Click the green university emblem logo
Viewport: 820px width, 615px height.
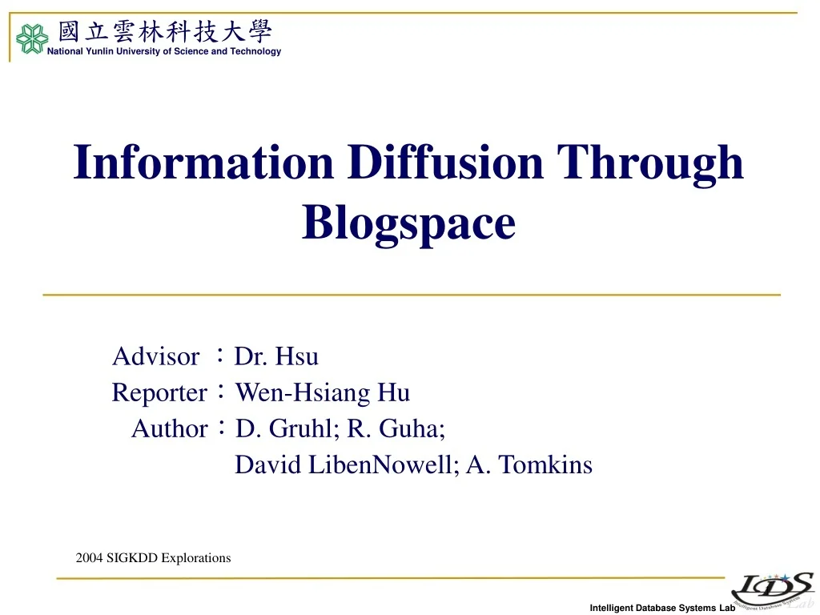coord(32,38)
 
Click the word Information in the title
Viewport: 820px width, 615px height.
coord(203,162)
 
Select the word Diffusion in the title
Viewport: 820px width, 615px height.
coord(445,162)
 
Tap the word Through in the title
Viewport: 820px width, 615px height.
coord(650,164)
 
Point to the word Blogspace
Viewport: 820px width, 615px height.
coord(409,224)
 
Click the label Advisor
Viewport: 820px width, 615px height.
coord(156,356)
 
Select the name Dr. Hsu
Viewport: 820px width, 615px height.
coord(276,356)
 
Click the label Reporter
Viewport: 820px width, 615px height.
coord(159,393)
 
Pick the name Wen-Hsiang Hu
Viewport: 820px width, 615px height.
coord(322,392)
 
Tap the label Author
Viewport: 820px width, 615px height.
coord(170,429)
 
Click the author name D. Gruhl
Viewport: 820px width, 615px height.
coord(287,428)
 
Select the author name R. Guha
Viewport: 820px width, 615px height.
coord(396,428)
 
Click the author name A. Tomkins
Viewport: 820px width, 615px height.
coord(529,464)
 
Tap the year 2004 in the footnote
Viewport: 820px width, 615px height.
coord(89,558)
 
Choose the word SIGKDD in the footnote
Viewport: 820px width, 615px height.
coord(132,558)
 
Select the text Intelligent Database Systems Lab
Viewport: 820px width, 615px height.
coord(662,608)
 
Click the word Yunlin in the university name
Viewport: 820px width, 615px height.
coord(99,51)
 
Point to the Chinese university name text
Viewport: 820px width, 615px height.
coord(165,31)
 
